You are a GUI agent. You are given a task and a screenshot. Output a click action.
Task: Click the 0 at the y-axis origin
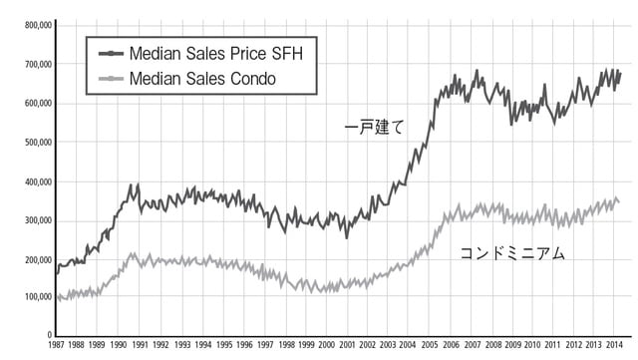pyautogui.click(x=47, y=336)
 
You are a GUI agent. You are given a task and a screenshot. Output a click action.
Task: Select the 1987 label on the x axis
pyautogui.click(x=58, y=345)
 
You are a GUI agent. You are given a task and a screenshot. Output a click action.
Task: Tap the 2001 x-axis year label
pyautogui.click(x=348, y=345)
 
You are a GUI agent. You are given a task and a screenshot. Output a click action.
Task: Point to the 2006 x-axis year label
pyautogui.click(x=453, y=345)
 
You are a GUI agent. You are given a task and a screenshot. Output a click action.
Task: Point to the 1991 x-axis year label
pyautogui.click(x=141, y=345)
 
